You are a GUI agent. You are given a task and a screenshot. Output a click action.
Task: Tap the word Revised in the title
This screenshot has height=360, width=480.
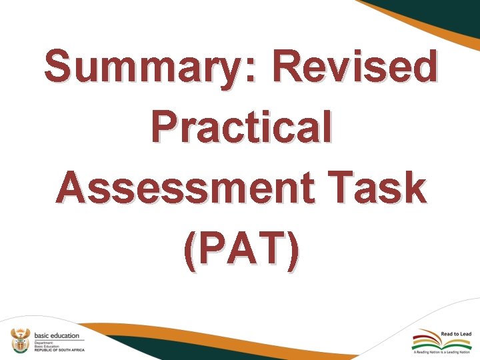355,67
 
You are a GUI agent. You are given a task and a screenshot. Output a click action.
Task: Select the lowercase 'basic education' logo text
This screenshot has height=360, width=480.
56,335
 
